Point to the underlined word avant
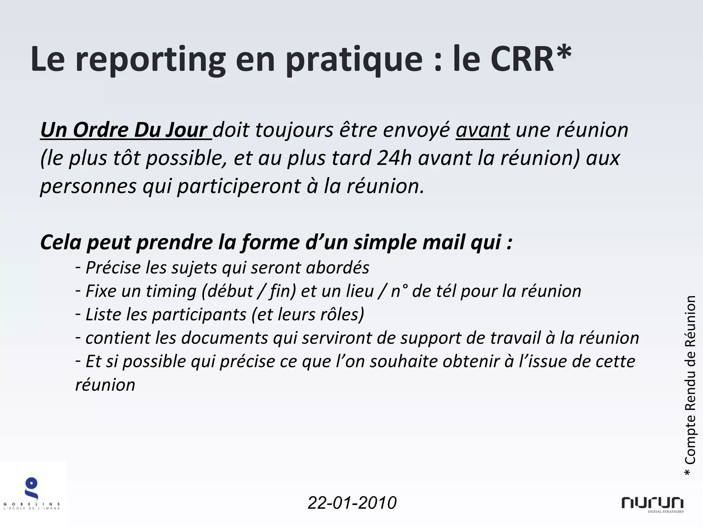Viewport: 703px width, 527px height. [x=483, y=130]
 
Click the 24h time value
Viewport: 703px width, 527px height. [x=394, y=158]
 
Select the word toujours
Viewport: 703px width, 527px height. [x=294, y=130]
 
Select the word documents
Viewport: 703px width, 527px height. [x=224, y=338]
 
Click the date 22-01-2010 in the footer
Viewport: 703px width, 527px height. [x=352, y=503]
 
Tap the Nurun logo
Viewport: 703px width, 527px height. [x=652, y=504]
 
